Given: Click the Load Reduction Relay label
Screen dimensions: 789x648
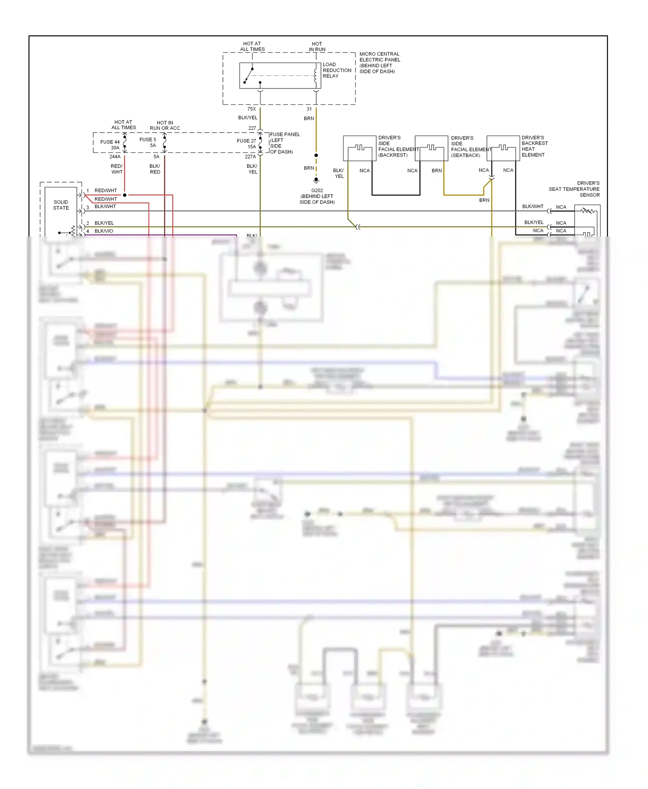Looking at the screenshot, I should tap(337, 70).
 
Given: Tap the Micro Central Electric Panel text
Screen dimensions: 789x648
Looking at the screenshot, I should tap(380, 63).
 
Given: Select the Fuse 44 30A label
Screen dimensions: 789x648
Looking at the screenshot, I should tap(110, 145).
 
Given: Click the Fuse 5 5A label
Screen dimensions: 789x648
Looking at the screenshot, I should tap(148, 142).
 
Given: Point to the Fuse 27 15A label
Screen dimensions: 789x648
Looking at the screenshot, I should tap(247, 144).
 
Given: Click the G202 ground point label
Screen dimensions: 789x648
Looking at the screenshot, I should tap(317, 196).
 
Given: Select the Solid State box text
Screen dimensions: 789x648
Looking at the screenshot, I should tap(61, 205).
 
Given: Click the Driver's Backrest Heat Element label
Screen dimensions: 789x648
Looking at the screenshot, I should tap(534, 146).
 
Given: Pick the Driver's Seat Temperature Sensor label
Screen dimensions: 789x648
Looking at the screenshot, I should tap(574, 189).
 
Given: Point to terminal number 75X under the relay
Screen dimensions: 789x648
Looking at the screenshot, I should tap(251, 109).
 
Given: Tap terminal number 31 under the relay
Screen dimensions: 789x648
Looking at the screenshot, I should tap(309, 109).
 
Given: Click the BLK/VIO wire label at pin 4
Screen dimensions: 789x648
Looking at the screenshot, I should tap(104, 231).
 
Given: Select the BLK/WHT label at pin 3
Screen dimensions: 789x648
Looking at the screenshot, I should tap(105, 206).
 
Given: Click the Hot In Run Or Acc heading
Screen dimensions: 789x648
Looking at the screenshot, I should tap(165, 125).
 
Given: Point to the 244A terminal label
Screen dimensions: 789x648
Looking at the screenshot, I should tap(115, 157).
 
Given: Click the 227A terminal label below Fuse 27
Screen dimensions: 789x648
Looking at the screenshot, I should tap(251, 157).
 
